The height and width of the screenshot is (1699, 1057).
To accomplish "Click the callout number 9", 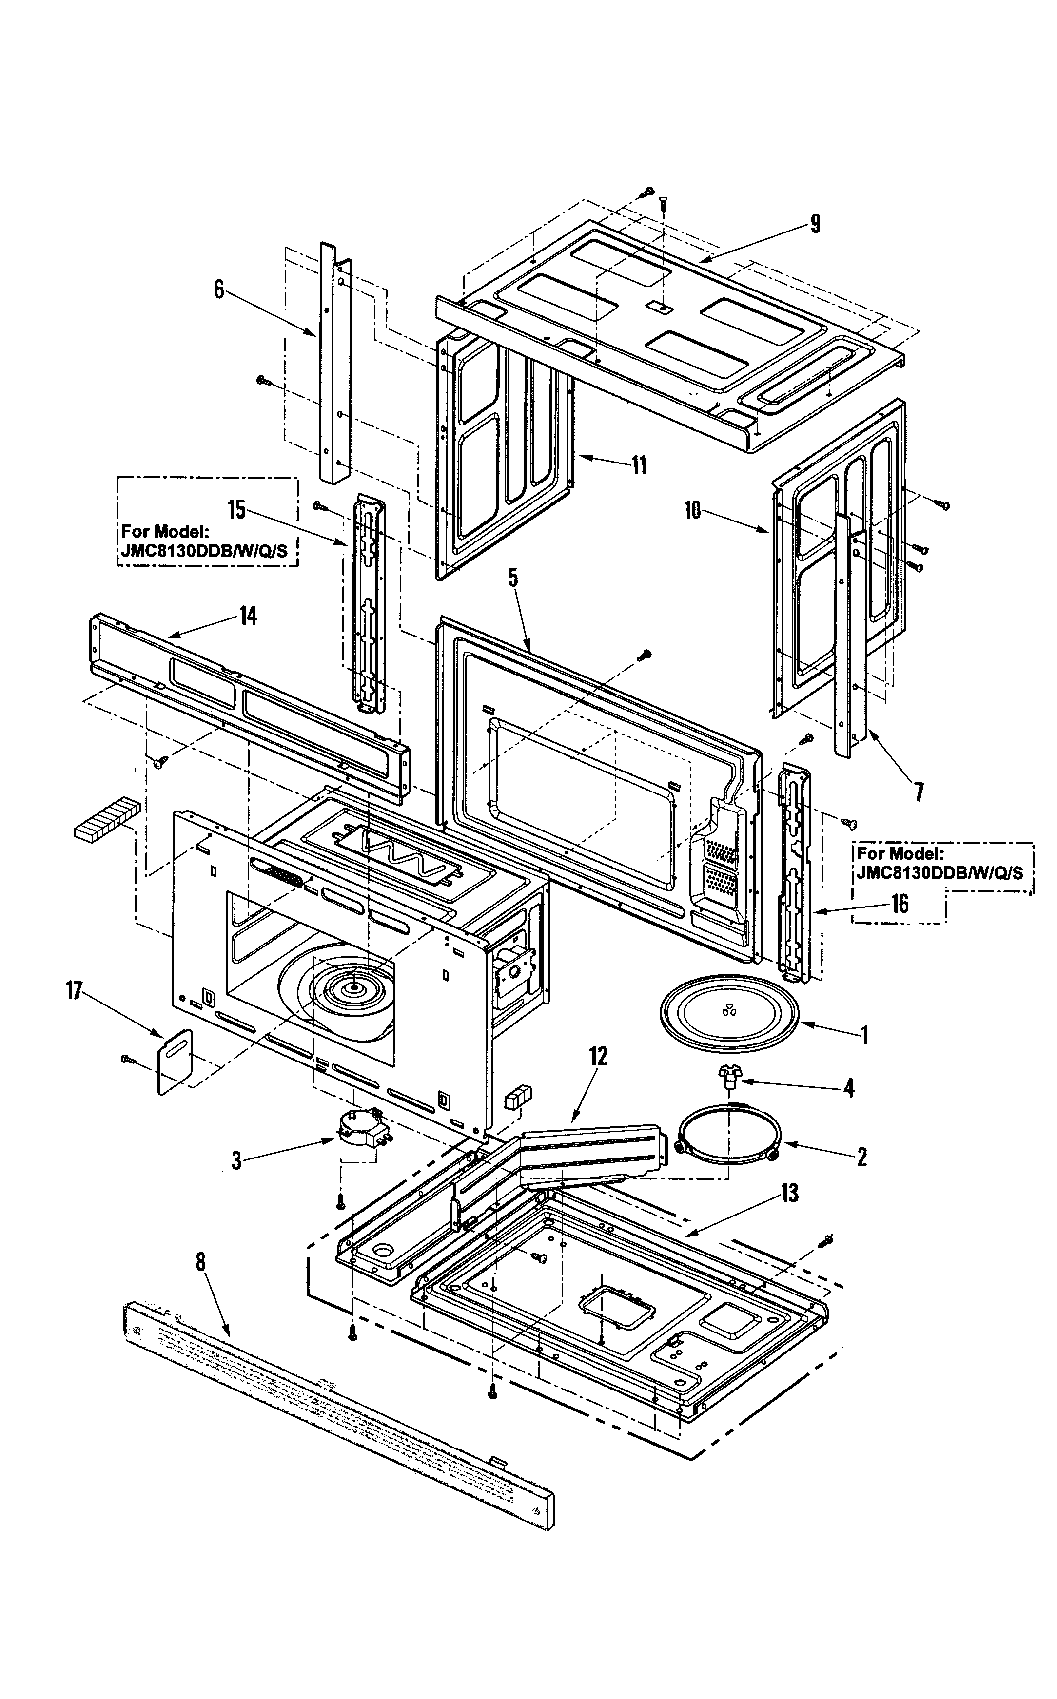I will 815,224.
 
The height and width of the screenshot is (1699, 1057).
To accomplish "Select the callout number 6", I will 219,289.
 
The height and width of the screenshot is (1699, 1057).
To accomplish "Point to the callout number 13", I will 789,1193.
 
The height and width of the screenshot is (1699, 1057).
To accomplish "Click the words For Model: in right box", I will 900,854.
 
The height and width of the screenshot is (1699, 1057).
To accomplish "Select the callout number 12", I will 598,1056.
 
